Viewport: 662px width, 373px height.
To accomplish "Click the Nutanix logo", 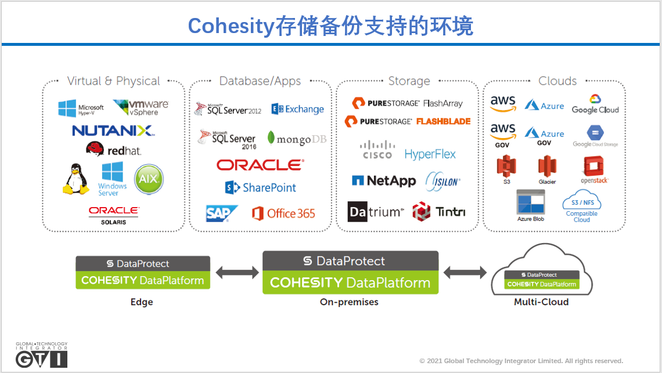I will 113,131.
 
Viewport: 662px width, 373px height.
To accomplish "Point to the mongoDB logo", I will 297,139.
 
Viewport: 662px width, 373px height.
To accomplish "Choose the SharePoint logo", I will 261,187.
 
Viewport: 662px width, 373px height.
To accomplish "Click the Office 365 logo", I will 283,213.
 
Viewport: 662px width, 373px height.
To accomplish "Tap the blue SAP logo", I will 221,213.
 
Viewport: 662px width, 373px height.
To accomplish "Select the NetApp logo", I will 384,181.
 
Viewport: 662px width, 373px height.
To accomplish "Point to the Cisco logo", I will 377,150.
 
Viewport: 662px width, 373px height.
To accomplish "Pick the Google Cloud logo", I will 595,104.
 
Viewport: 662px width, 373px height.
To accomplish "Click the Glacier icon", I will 547,171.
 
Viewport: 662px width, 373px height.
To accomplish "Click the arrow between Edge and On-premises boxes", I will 236,272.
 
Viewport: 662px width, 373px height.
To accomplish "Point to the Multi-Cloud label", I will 541,302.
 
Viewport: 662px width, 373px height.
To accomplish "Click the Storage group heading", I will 409,81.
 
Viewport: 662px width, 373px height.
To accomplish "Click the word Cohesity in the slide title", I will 231,26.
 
